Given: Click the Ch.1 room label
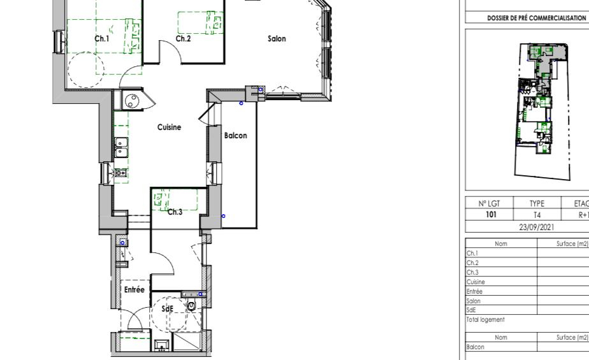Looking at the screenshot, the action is pyautogui.click(x=102, y=39).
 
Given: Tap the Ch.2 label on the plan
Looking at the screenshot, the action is pyautogui.click(x=184, y=39).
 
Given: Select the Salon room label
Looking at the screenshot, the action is pyautogui.click(x=277, y=39).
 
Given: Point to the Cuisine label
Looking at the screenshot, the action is pyautogui.click(x=169, y=127).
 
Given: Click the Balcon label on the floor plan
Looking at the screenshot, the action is pyautogui.click(x=235, y=136).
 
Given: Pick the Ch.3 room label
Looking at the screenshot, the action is pyautogui.click(x=175, y=212).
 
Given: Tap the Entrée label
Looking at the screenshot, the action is pyautogui.click(x=134, y=290).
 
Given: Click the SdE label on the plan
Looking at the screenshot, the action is pyautogui.click(x=168, y=309).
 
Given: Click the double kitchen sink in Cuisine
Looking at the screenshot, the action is pyautogui.click(x=121, y=147).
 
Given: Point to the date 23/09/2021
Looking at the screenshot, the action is pyautogui.click(x=537, y=227).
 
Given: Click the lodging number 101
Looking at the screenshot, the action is pyautogui.click(x=491, y=214).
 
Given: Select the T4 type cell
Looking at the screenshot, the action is pyautogui.click(x=537, y=215).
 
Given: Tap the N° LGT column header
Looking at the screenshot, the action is pyautogui.click(x=489, y=203).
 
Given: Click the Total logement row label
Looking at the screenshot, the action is pyautogui.click(x=485, y=319).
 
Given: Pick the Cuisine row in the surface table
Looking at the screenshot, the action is pyautogui.click(x=476, y=282).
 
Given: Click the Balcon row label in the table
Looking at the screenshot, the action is pyautogui.click(x=475, y=347).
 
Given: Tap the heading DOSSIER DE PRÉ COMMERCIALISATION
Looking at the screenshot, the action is pyautogui.click(x=537, y=18).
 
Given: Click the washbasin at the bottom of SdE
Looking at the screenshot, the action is pyautogui.click(x=163, y=345).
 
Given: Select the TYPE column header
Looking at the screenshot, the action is pyautogui.click(x=537, y=203).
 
